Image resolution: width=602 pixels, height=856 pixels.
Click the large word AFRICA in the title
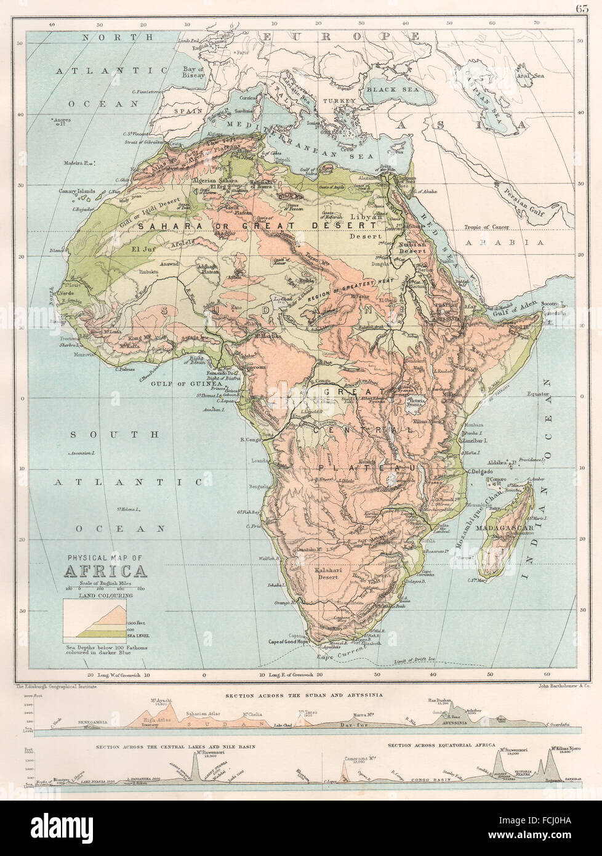[x=106, y=570]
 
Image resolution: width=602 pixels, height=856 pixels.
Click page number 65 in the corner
[x=583, y=8]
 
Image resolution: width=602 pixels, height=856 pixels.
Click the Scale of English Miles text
[x=106, y=583]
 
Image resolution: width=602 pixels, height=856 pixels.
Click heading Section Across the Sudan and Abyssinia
[x=303, y=695]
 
